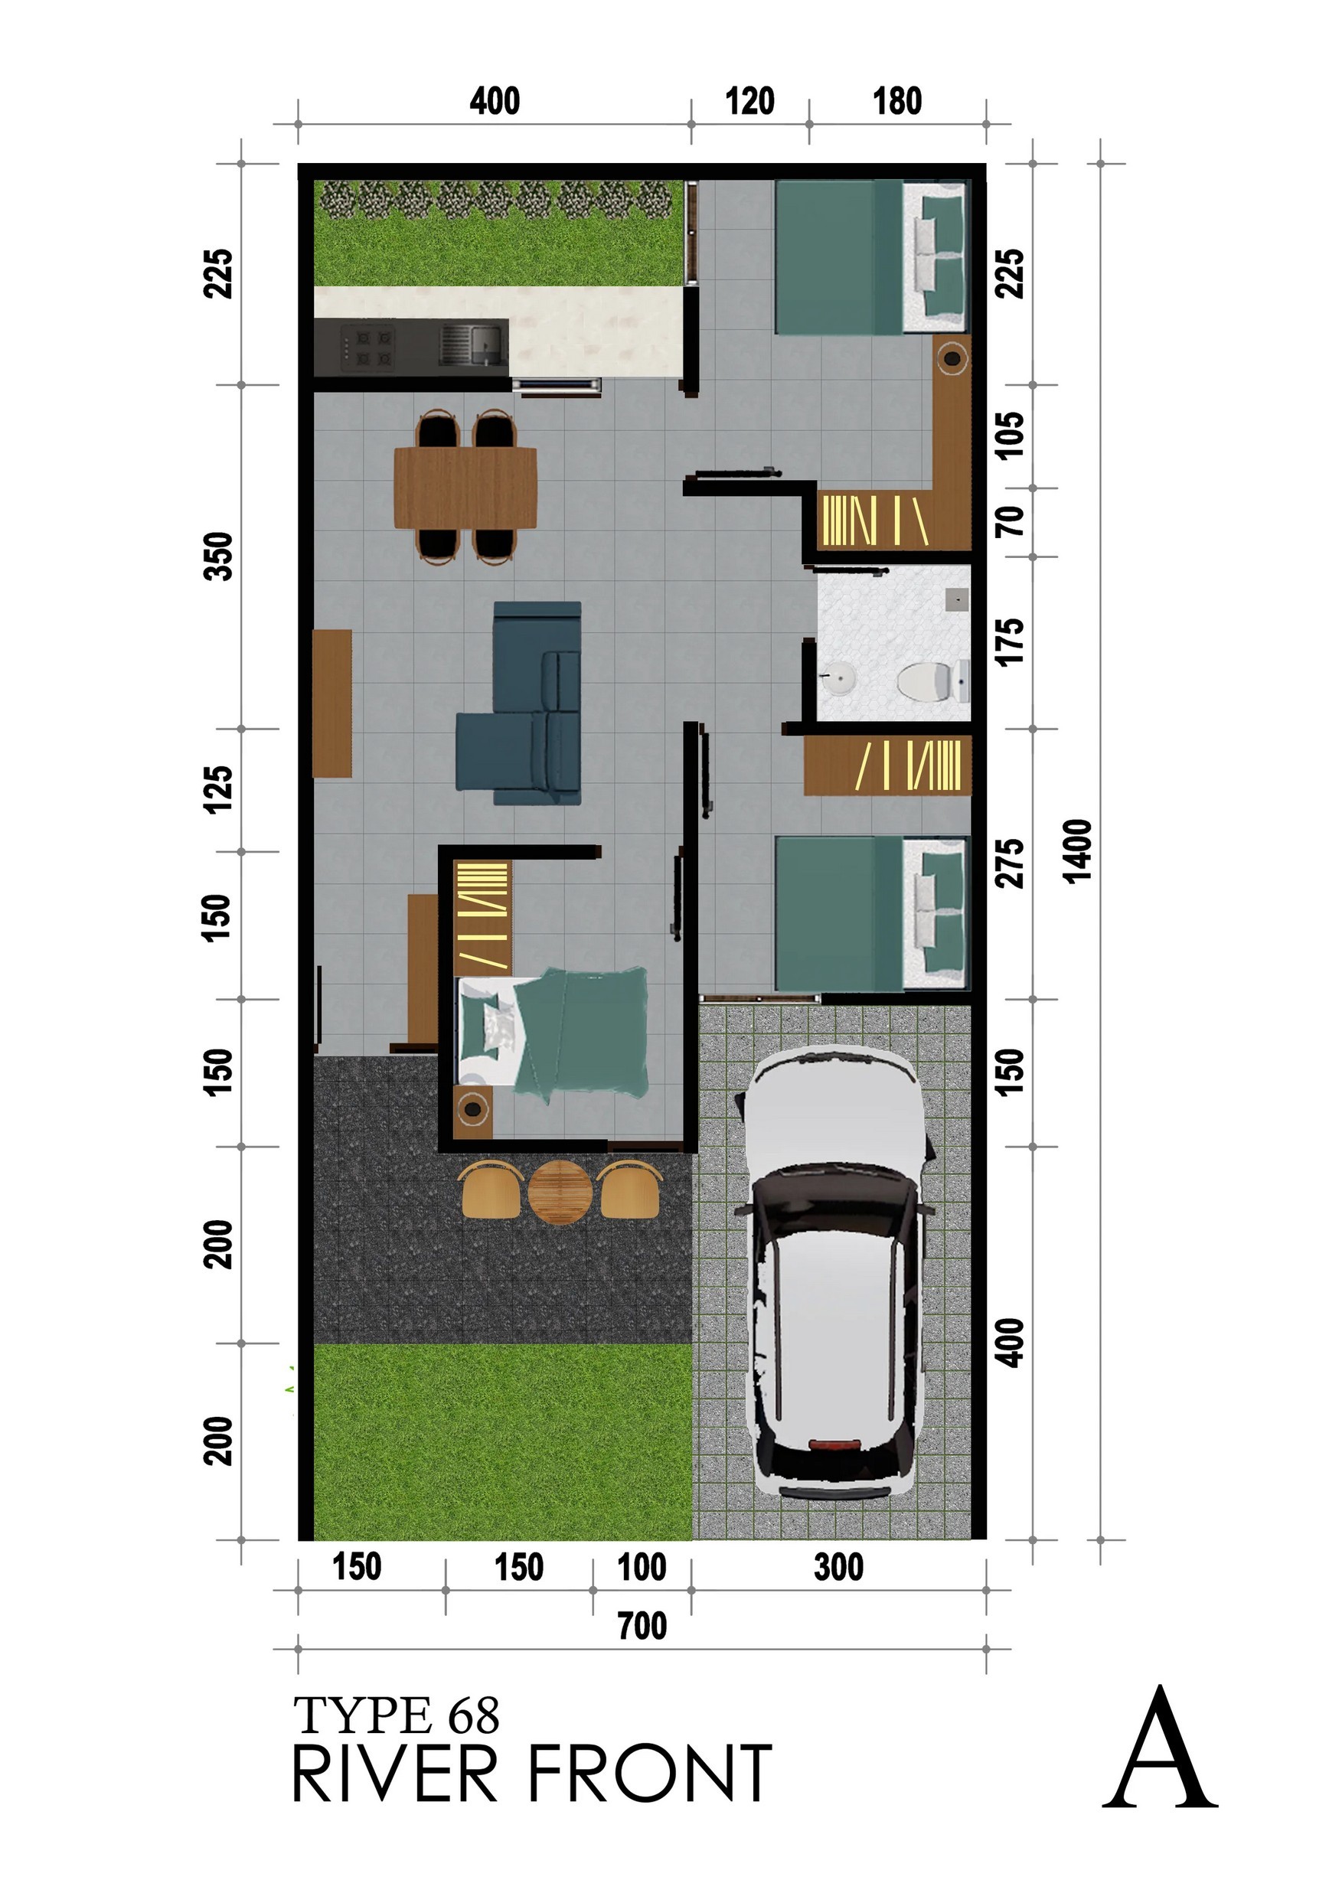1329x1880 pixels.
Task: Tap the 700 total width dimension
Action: point(642,1626)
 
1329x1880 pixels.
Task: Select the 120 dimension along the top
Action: point(749,102)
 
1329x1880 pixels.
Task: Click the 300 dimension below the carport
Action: point(838,1567)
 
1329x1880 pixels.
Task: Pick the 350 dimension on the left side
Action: point(219,556)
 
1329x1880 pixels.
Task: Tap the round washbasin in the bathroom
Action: point(838,678)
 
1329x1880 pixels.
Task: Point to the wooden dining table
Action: point(465,488)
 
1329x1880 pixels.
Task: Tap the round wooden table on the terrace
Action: point(560,1191)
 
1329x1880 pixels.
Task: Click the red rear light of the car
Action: point(836,1445)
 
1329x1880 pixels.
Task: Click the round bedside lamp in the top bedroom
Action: point(952,357)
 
